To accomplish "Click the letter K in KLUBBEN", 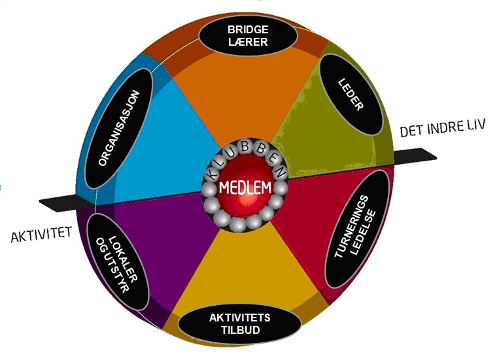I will click(211, 174).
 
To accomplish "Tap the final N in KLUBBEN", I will click(280, 172).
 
